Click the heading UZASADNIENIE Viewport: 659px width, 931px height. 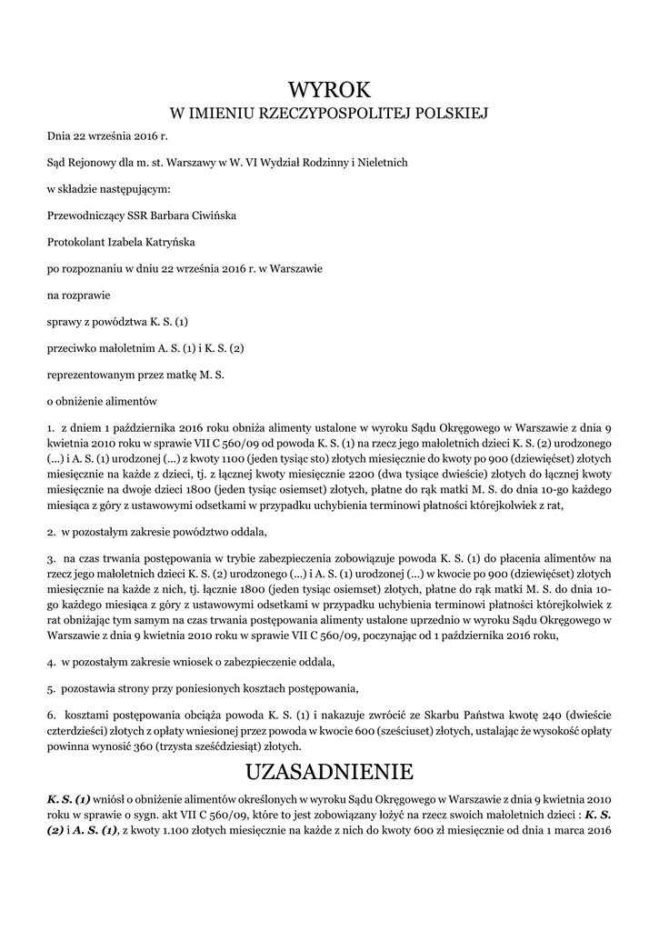coord(329,773)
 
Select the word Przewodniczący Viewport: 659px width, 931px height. coord(86,216)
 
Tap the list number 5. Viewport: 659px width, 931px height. coord(51,686)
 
